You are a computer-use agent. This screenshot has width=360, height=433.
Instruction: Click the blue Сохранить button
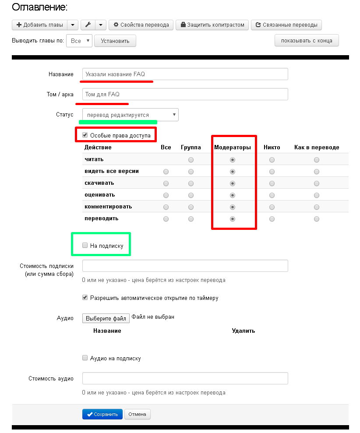[102, 414]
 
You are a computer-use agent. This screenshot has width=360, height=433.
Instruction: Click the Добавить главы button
[40, 25]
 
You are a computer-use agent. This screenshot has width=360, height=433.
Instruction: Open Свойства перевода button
[141, 25]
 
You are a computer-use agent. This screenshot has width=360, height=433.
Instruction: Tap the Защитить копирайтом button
[212, 25]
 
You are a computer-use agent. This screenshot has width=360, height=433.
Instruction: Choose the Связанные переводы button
[286, 25]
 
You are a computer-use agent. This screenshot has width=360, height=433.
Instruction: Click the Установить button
[115, 41]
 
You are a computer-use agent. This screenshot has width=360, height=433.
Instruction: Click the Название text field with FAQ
[185, 74]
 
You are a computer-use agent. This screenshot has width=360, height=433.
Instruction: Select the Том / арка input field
[185, 94]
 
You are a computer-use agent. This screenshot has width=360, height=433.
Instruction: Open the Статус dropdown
[131, 115]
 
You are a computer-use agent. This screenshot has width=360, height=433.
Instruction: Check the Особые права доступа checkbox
[85, 135]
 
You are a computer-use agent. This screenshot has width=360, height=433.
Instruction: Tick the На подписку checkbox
[85, 246]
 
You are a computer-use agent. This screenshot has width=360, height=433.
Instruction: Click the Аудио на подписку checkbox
[85, 358]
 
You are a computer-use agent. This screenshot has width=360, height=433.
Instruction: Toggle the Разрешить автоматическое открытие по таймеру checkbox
[85, 298]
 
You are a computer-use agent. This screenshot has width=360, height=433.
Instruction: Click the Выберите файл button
[106, 318]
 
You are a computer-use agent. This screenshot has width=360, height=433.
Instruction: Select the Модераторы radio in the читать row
[233, 160]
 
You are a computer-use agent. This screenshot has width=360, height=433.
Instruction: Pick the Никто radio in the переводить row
[272, 219]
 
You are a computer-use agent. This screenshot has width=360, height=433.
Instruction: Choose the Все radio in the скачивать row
[166, 183]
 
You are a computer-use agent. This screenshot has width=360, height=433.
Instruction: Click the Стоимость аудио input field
[185, 378]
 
